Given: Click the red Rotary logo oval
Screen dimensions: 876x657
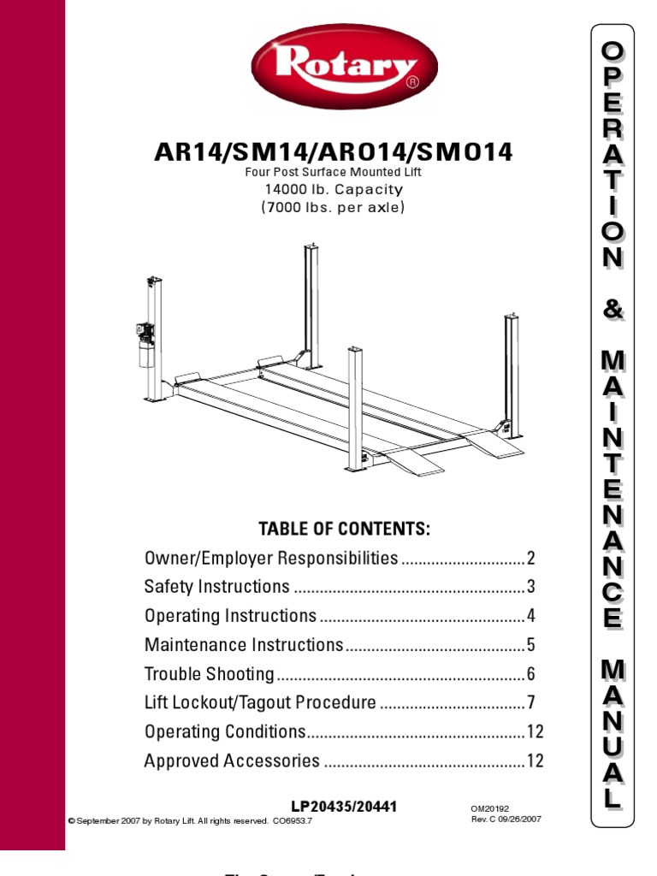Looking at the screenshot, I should point(344,67).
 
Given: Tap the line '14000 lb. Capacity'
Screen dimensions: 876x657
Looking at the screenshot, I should point(334,189).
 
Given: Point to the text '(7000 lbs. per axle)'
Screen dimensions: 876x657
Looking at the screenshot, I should point(334,207).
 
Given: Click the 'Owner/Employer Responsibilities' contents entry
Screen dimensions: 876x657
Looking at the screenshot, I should point(271,559).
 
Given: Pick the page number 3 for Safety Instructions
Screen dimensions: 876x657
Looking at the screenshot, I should point(530,587).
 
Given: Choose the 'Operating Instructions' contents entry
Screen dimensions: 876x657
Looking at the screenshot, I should point(230,616).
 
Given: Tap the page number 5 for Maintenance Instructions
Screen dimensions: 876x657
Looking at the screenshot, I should point(530,645).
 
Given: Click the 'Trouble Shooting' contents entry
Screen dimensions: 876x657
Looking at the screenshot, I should point(210,674).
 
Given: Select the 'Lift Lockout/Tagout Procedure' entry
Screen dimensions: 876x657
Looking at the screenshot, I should point(260,703).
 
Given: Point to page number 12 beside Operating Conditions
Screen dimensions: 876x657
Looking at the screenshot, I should point(535,732).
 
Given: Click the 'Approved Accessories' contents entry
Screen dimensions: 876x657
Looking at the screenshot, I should point(232,761).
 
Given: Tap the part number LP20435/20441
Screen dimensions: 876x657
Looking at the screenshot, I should point(345,807).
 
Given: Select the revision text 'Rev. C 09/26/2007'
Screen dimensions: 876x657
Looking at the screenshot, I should point(506,819).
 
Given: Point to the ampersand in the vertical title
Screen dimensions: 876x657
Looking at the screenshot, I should point(612,310).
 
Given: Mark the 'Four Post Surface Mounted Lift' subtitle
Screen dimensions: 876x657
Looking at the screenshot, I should point(334,172).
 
